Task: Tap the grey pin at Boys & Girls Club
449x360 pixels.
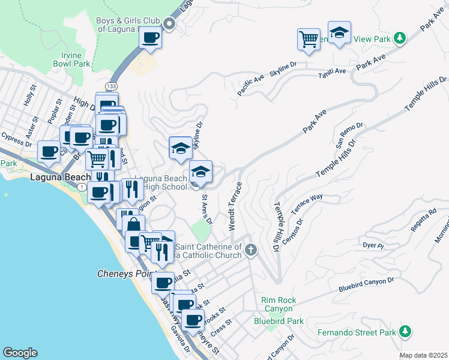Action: pos(169,25)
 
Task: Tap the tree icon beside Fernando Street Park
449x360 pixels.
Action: pos(405,331)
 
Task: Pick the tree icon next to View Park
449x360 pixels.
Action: pos(399,38)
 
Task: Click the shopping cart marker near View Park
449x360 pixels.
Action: pos(309,40)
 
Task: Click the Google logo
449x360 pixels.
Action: pos(20,353)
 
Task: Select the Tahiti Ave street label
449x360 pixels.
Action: pos(332,72)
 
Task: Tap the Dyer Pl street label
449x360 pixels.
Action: pos(373,245)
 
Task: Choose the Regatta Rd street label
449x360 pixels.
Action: pos(424,218)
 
